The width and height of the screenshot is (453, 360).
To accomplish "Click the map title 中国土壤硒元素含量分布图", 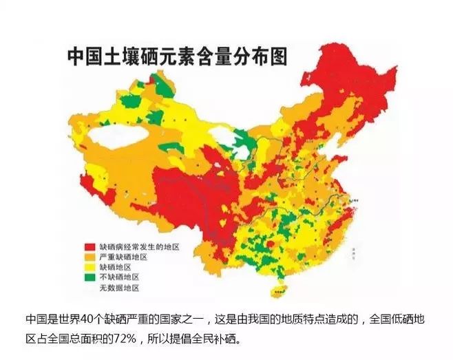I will tap(176, 56).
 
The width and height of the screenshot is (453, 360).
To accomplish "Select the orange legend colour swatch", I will tap(89, 257).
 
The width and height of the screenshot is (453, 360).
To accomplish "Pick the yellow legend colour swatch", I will tap(89, 267).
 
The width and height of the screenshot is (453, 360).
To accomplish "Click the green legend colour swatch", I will tap(89, 277).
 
